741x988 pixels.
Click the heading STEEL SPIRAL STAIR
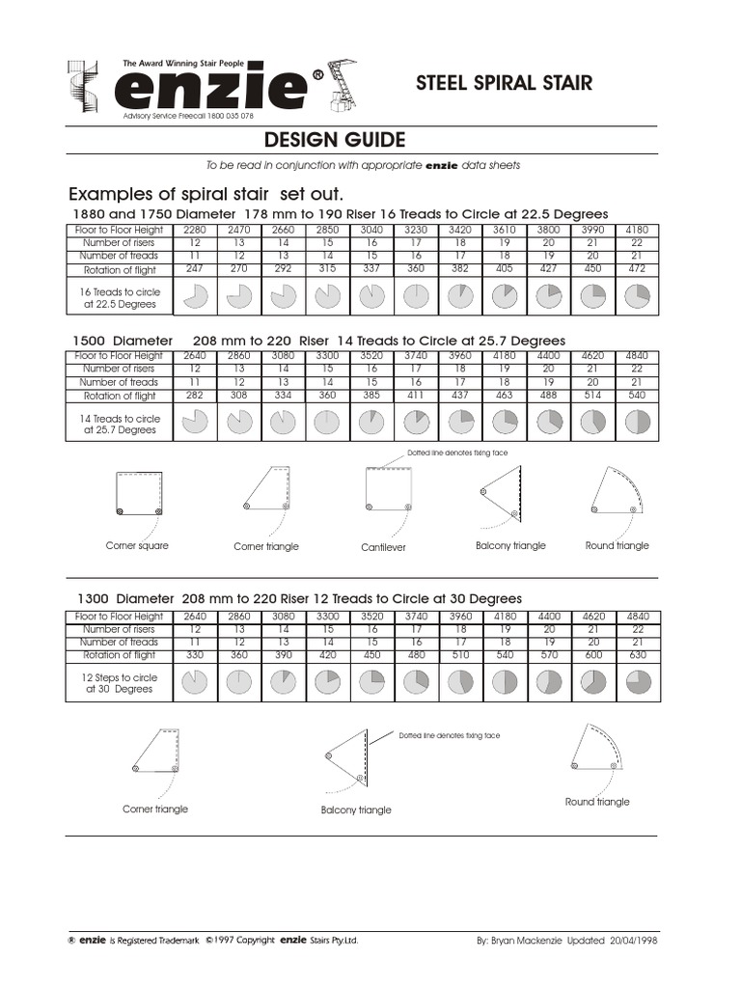click(504, 84)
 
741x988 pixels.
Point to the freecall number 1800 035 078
click(229, 116)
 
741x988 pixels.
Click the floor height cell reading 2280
click(195, 231)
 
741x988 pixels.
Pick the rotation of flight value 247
click(195, 270)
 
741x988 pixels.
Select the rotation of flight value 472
click(637, 270)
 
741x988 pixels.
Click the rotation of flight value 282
click(195, 396)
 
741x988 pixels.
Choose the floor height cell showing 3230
click(416, 231)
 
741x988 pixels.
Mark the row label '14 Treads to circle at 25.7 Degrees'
click(120, 425)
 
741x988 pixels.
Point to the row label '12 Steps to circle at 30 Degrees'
click(120, 683)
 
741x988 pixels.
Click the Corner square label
click(137, 546)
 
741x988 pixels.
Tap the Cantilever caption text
click(383, 547)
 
